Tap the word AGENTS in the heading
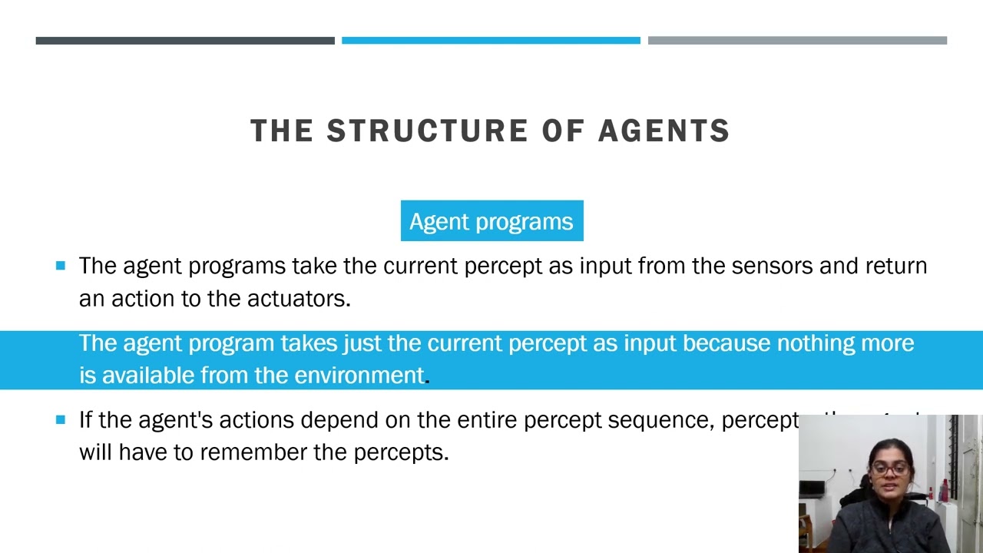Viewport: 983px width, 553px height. pyautogui.click(x=664, y=131)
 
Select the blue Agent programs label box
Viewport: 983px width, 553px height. pyautogui.click(x=491, y=221)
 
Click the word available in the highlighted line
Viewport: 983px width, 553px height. pyautogui.click(x=148, y=376)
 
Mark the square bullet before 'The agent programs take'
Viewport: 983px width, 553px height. pyautogui.click(x=61, y=266)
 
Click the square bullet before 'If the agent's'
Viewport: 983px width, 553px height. pyautogui.click(x=61, y=420)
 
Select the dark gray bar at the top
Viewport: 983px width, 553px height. pyautogui.click(x=185, y=41)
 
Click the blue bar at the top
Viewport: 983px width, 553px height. pyautogui.click(x=491, y=41)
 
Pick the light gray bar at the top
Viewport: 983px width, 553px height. pyautogui.click(x=797, y=41)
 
